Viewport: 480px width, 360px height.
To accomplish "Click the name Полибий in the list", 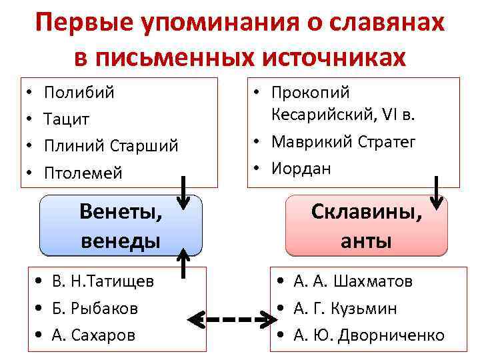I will click(79, 92).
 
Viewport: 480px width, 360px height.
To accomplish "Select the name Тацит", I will click(67, 119).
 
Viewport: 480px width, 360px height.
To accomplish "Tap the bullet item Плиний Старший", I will click(111, 146).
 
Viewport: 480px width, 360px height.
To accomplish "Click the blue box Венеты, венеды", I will click(121, 226).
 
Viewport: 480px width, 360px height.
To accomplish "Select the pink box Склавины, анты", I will click(366, 226).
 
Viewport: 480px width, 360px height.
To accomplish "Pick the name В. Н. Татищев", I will click(103, 281).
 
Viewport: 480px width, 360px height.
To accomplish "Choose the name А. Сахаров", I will click(93, 335).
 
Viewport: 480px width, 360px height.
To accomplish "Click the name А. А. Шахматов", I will click(353, 281).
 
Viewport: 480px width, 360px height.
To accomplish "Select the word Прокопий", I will click(310, 93).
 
